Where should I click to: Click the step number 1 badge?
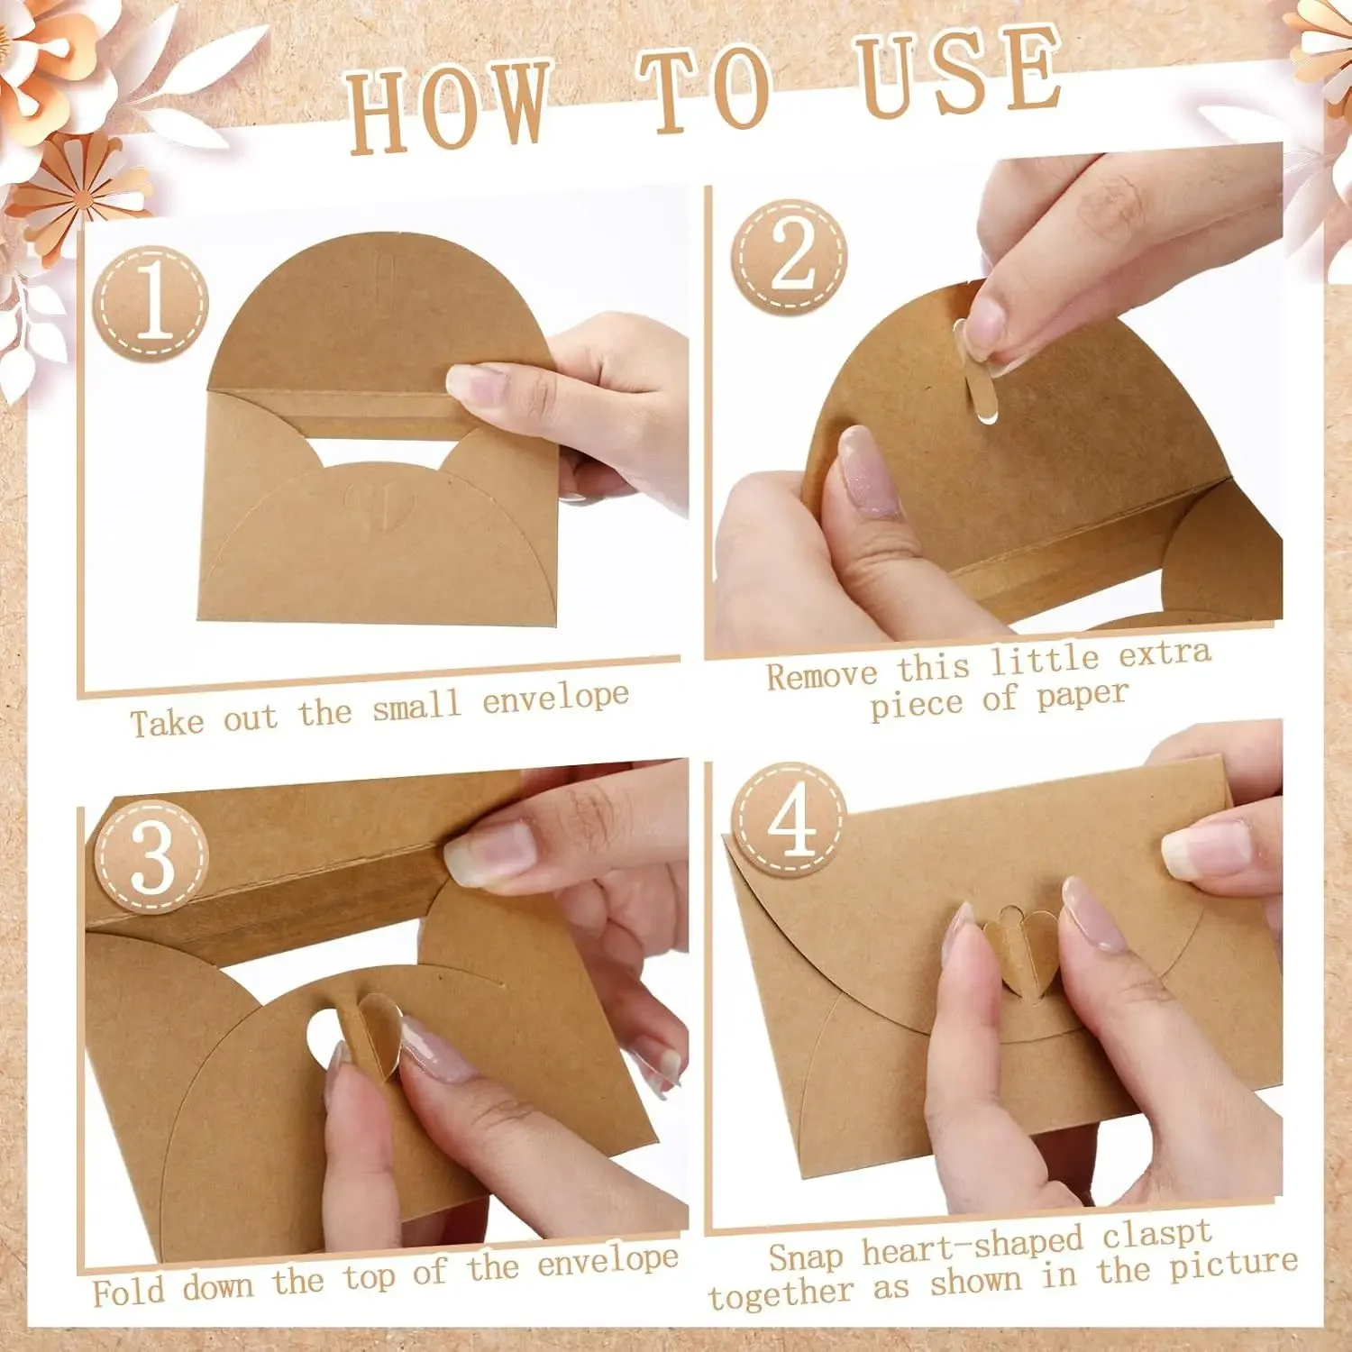point(151,304)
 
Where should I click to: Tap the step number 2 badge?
point(790,256)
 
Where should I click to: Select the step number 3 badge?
point(151,856)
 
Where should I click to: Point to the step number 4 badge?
point(790,821)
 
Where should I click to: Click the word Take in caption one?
point(167,723)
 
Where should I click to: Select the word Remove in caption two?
point(821,675)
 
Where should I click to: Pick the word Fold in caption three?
point(128,1291)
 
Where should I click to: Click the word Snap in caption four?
point(806,1256)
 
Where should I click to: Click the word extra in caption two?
point(1165,653)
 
